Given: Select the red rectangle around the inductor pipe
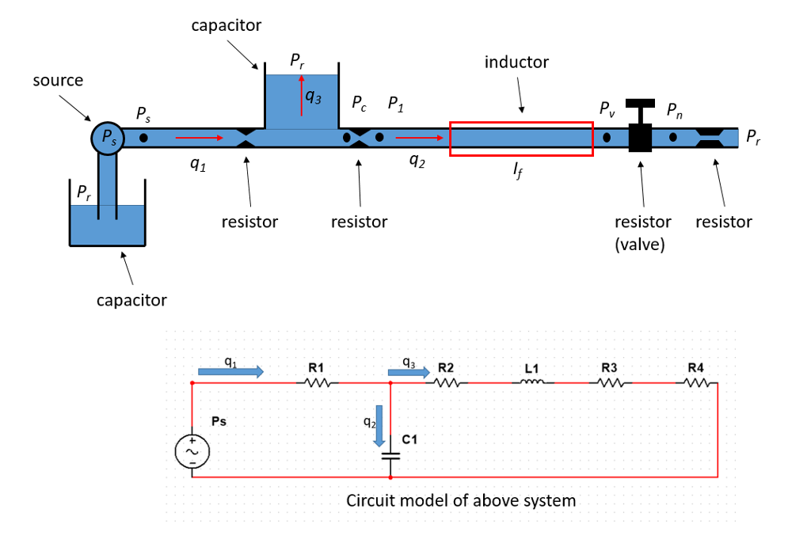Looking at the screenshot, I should [521, 139].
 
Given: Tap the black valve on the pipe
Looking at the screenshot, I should [640, 132].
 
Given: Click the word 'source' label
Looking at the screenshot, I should [58, 80].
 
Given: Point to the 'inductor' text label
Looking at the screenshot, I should [516, 62].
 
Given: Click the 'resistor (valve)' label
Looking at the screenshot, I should [642, 233].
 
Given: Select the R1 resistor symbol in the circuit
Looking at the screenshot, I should [317, 383].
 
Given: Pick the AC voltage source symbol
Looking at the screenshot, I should [192, 451].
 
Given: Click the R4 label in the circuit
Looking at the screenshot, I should [695, 367].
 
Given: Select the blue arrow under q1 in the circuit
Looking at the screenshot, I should [230, 372].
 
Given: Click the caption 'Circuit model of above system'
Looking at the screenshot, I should [461, 501].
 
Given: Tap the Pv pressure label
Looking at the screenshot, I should [607, 108].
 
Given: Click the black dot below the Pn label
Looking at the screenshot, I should [672, 137].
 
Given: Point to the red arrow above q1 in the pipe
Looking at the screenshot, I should [200, 138].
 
